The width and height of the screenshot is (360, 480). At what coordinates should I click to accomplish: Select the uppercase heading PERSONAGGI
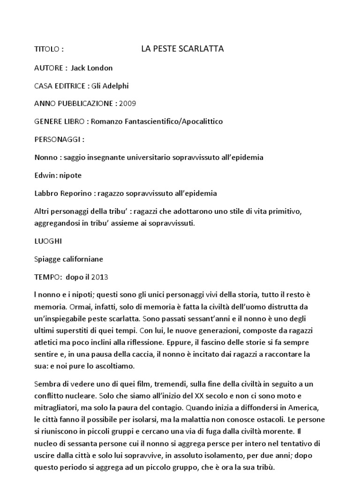tap(58, 139)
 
